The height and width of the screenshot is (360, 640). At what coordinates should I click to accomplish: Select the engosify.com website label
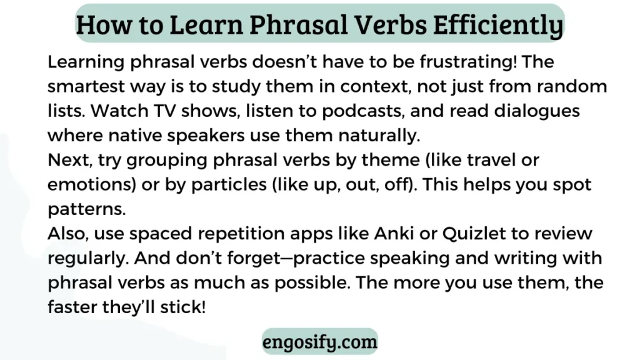(x=320, y=342)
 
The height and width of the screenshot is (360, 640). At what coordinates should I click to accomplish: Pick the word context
(x=376, y=87)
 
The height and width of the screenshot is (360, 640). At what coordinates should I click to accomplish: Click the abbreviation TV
(x=165, y=111)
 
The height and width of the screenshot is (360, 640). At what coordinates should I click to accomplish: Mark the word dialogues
(x=537, y=111)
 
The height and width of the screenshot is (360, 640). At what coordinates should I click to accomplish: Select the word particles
(x=229, y=185)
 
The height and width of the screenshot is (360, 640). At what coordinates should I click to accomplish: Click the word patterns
(x=86, y=209)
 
